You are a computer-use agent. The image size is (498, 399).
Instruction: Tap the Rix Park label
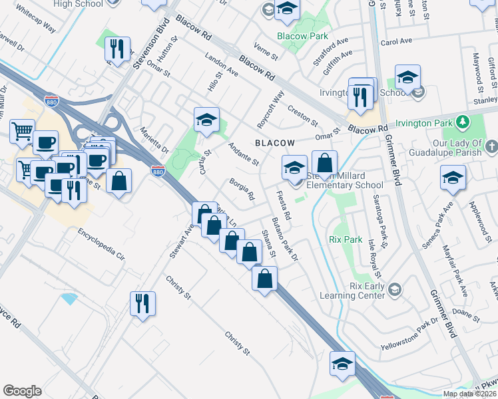(x=344, y=238)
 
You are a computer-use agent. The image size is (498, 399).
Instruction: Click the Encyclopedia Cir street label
(x=101, y=243)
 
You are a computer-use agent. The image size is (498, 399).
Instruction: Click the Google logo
(x=22, y=391)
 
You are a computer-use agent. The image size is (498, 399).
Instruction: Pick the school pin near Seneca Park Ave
(x=453, y=178)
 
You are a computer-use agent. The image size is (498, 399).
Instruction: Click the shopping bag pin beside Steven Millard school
(x=324, y=163)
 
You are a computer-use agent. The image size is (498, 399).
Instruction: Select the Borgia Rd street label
(x=242, y=189)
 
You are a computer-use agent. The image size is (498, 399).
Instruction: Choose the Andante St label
(x=243, y=154)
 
